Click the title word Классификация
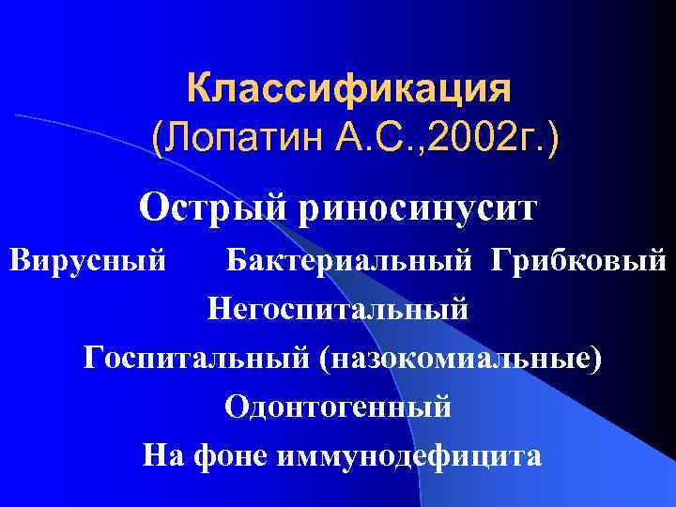[x=349, y=91]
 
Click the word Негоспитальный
[x=337, y=307]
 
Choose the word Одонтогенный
[x=337, y=407]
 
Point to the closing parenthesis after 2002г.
[x=551, y=144]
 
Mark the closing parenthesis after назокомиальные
[x=593, y=358]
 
